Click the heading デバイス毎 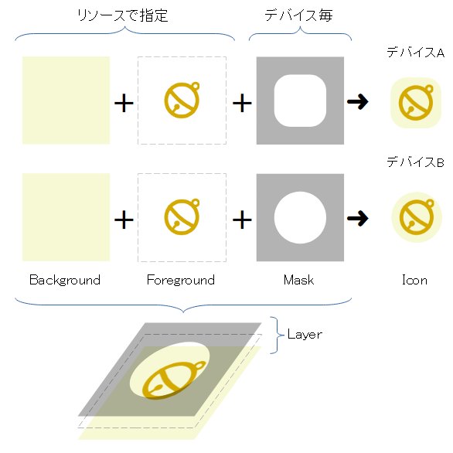pyautogui.click(x=299, y=15)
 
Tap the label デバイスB pyautogui.click(x=415, y=162)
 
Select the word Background pyautogui.click(x=65, y=280)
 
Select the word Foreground pyautogui.click(x=181, y=280)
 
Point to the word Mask pyautogui.click(x=298, y=280)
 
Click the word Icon pyautogui.click(x=414, y=280)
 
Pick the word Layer pyautogui.click(x=305, y=335)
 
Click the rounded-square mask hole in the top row pyautogui.click(x=300, y=100)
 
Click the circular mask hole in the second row pyautogui.click(x=300, y=218)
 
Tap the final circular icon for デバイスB pyautogui.click(x=415, y=217)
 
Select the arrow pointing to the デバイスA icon pyautogui.click(x=357, y=102)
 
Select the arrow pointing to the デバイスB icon pyautogui.click(x=357, y=218)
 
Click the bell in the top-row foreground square pyautogui.click(x=182, y=101)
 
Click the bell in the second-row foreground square pyautogui.click(x=182, y=217)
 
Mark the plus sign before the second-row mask pyautogui.click(x=242, y=220)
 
